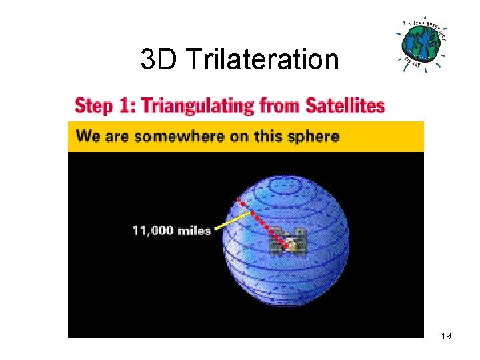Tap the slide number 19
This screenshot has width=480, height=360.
coord(446,336)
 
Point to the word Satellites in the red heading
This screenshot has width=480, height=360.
coord(345,105)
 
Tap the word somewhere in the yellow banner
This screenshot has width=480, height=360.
coord(170,137)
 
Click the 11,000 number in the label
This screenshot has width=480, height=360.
coord(153,231)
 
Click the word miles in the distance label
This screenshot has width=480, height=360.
coord(195,231)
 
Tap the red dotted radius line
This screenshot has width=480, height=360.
coord(263,223)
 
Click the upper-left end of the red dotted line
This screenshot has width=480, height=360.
coord(239,200)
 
